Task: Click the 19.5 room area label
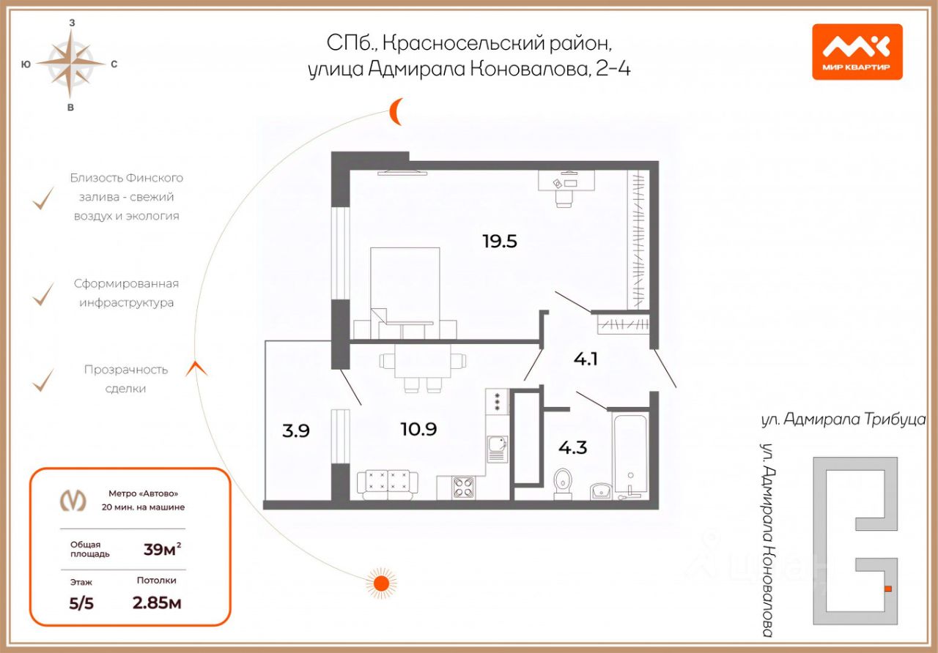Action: (499, 241)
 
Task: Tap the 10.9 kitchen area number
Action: (418, 430)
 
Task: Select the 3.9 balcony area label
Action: (296, 430)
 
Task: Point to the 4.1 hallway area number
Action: (586, 359)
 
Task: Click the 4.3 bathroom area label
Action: (572, 447)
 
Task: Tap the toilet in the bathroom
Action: (563, 482)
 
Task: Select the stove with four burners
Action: (464, 487)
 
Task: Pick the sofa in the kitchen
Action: (387, 484)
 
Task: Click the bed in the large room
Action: (405, 289)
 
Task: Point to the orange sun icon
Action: (380, 583)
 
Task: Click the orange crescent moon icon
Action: (396, 111)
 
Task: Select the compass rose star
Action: (71, 64)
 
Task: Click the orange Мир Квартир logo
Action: (857, 52)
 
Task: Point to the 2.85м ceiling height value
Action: (157, 603)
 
